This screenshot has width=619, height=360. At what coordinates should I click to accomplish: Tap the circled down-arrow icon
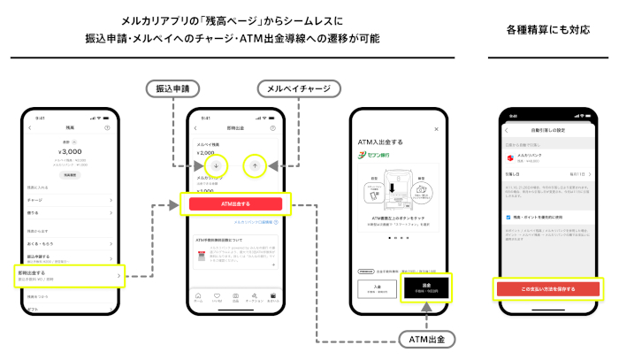(x=216, y=165)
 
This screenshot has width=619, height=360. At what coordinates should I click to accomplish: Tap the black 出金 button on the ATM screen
(x=427, y=287)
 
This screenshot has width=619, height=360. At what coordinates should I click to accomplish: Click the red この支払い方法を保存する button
(x=548, y=288)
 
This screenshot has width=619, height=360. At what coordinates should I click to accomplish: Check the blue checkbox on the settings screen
(x=508, y=216)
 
